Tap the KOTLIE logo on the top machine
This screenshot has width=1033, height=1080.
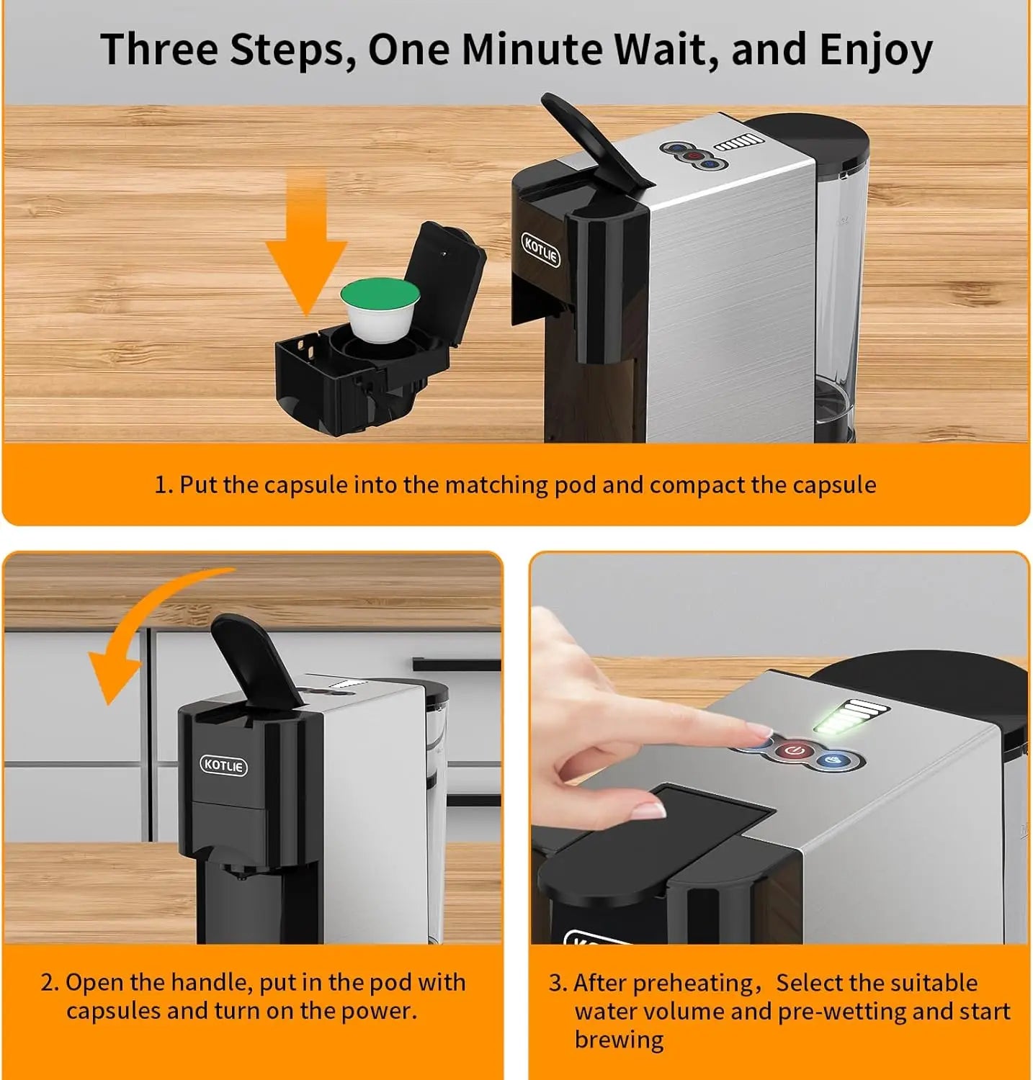[541, 249]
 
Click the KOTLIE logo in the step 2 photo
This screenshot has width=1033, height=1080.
[224, 765]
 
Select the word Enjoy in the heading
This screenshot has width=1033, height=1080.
[876, 50]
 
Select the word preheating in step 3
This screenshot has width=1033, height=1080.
[692, 984]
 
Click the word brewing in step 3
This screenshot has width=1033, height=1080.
[619, 1040]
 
